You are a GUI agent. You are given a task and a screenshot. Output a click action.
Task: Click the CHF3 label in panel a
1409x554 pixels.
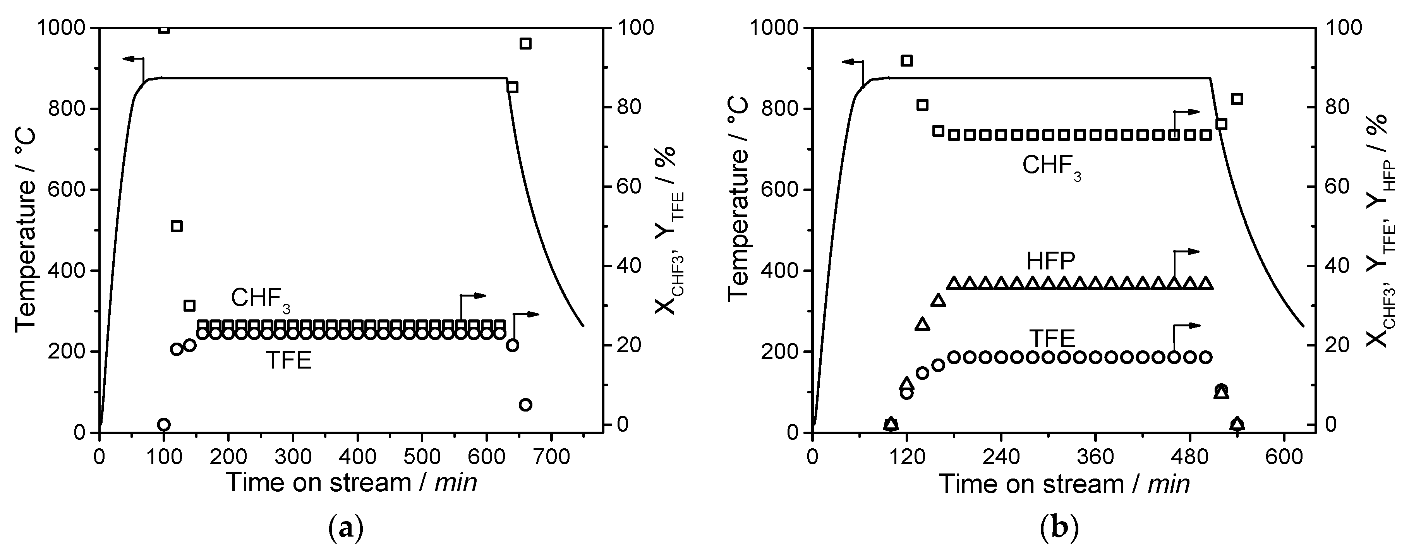(260, 299)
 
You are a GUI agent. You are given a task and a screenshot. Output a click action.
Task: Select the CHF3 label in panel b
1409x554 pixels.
(1051, 166)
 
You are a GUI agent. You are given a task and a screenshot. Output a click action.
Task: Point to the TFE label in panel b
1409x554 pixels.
(1051, 339)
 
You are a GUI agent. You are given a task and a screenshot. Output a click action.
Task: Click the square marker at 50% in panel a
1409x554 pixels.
(176, 226)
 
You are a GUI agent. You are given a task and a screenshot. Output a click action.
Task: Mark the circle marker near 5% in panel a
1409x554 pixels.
(525, 405)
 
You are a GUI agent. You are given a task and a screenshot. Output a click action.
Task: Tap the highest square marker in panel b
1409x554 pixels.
(906, 61)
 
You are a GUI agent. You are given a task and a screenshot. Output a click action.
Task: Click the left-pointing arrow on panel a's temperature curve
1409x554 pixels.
(130, 58)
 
